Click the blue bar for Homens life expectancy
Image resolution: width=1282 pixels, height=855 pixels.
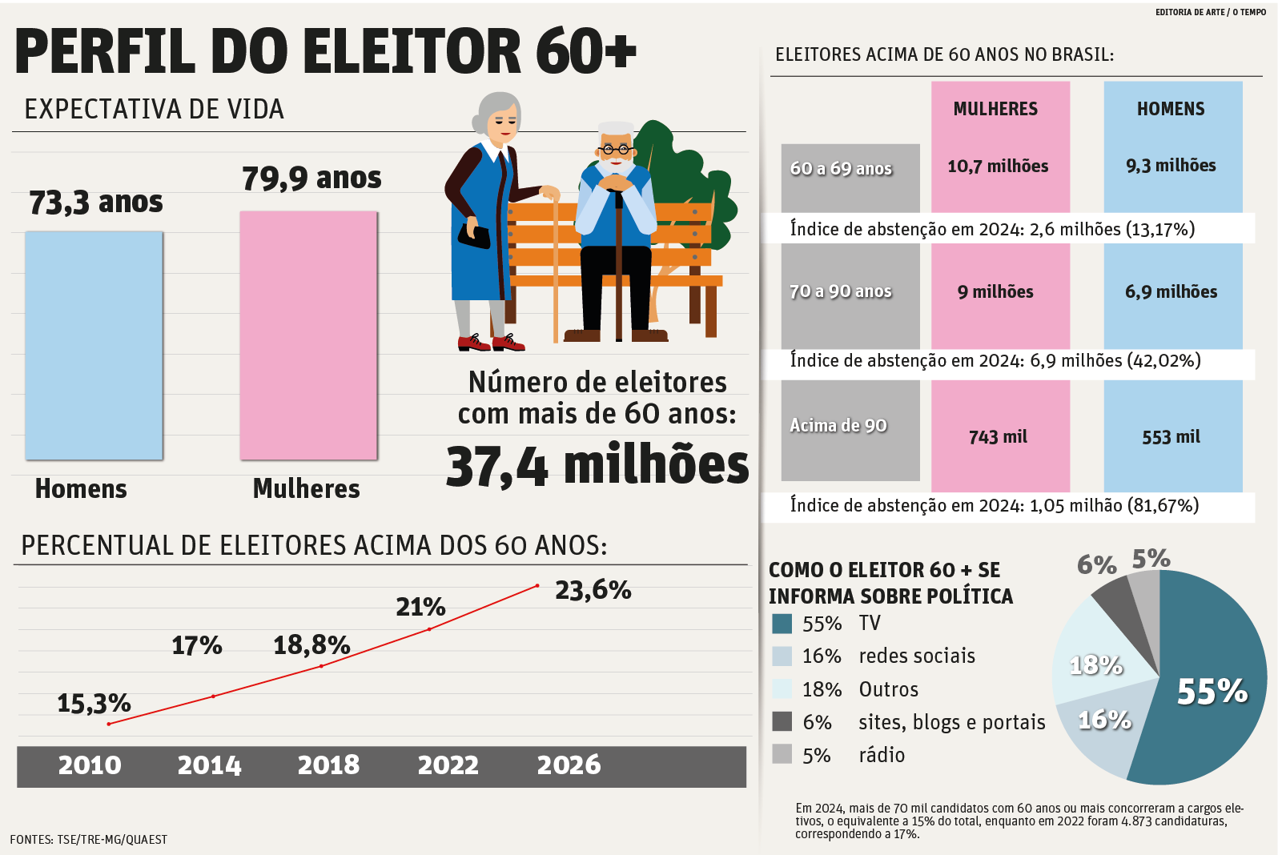[94, 345]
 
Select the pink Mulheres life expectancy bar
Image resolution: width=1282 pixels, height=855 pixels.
[308, 335]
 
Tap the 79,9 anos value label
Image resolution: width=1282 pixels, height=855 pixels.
[311, 178]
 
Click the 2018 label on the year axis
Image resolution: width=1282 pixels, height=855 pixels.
[328, 765]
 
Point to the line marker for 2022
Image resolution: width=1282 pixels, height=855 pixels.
[429, 629]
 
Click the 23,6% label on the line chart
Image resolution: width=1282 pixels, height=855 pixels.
[593, 590]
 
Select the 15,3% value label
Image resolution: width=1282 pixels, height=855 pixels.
[94, 704]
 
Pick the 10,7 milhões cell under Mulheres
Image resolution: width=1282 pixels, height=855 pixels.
[998, 166]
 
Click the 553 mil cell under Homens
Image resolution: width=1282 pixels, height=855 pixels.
[1171, 437]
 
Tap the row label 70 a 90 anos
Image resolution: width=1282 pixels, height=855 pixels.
[841, 291]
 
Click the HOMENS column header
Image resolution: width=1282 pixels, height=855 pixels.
[1171, 109]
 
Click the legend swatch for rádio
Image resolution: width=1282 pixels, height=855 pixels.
[782, 754]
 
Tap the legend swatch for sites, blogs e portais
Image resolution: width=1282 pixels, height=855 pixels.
[782, 721]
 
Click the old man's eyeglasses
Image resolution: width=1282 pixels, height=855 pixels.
[616, 150]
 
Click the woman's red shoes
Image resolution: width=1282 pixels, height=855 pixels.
[491, 342]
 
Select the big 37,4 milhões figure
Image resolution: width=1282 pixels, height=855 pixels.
[597, 464]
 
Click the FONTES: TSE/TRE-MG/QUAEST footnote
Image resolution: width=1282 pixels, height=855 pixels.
[89, 840]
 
